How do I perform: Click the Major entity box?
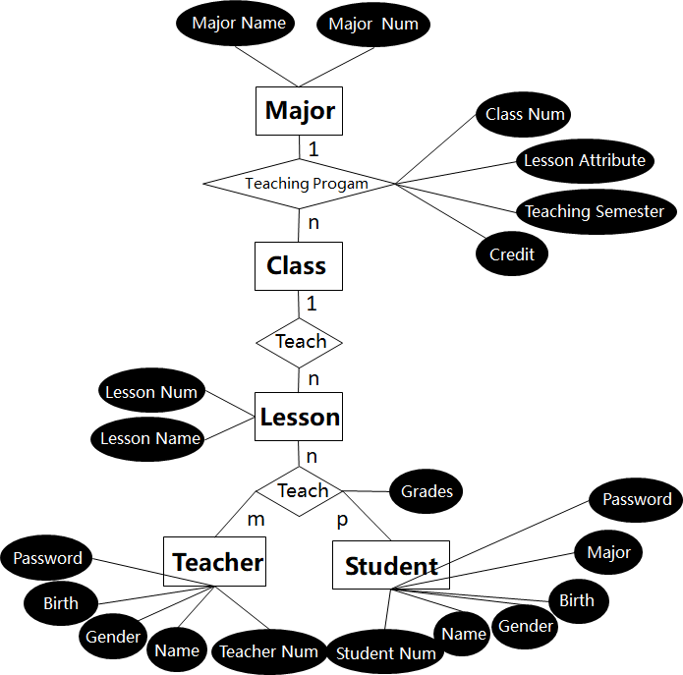point(300,111)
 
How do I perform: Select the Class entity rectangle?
point(298,266)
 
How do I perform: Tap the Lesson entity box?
point(299,418)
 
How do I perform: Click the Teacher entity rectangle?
point(216,562)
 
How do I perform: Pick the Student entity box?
point(390,565)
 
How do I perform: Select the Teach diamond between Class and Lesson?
point(299,342)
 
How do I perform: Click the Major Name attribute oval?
point(238,25)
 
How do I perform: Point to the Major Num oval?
point(373,26)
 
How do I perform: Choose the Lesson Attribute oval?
point(584,161)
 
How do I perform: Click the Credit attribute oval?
point(511,255)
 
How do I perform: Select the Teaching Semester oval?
point(595,211)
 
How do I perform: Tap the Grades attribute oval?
point(427,491)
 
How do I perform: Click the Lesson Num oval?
point(150,392)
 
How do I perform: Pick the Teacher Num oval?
point(268,651)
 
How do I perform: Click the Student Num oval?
point(385,653)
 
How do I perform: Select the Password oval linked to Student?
point(636,499)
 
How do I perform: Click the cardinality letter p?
point(341,520)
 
